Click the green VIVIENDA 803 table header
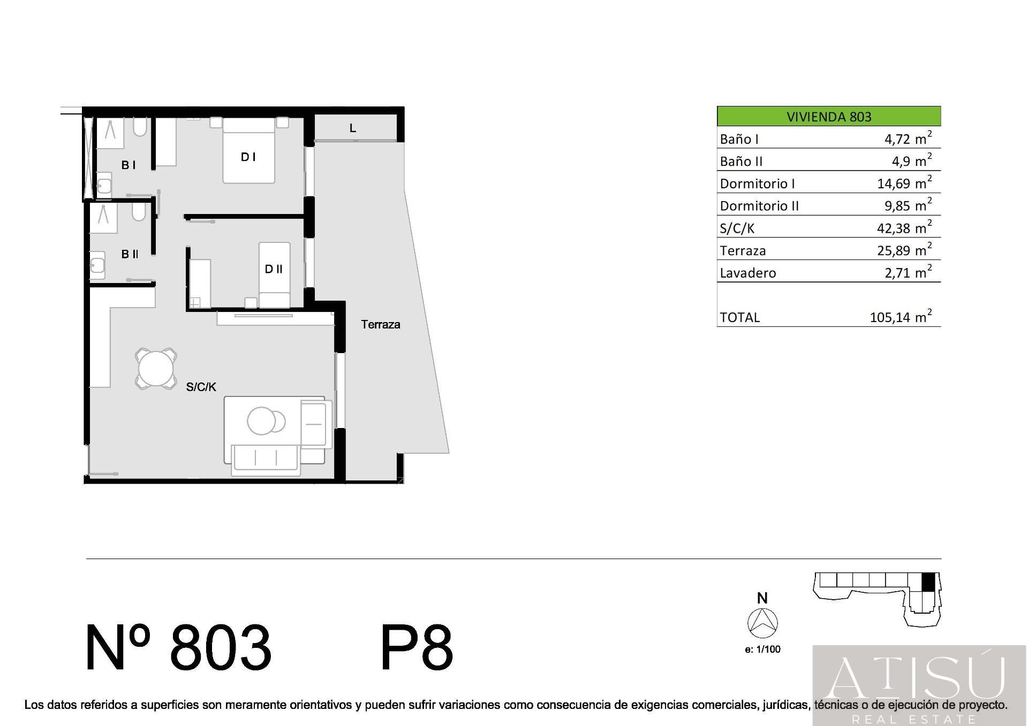point(829,116)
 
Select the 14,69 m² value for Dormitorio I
point(904,183)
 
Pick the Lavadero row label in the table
point(747,273)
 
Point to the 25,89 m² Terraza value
point(904,250)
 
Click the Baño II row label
point(741,161)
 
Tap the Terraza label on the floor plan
point(381,324)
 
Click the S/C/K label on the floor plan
point(201,387)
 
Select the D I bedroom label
point(248,157)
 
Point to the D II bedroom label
point(274,269)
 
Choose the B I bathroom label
point(128,165)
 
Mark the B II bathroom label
point(130,254)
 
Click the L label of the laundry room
point(352,128)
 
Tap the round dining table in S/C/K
point(156,368)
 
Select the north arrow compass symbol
point(762,623)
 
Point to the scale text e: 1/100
point(762,649)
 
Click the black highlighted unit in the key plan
point(928,582)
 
